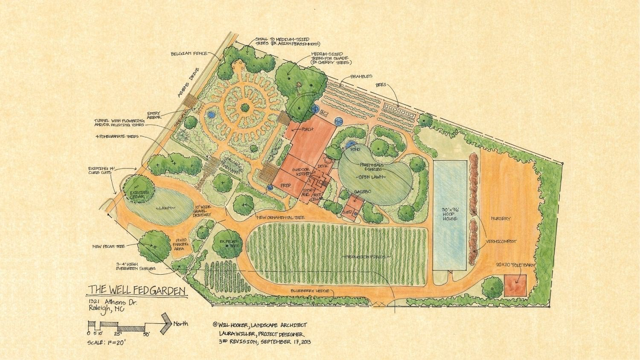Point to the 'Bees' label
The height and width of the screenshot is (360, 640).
click(x=381, y=85)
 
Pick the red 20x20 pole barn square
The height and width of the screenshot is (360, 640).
click(x=515, y=285)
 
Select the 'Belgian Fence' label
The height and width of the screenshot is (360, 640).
click(x=189, y=54)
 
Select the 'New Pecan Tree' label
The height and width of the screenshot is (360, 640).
click(x=111, y=247)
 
